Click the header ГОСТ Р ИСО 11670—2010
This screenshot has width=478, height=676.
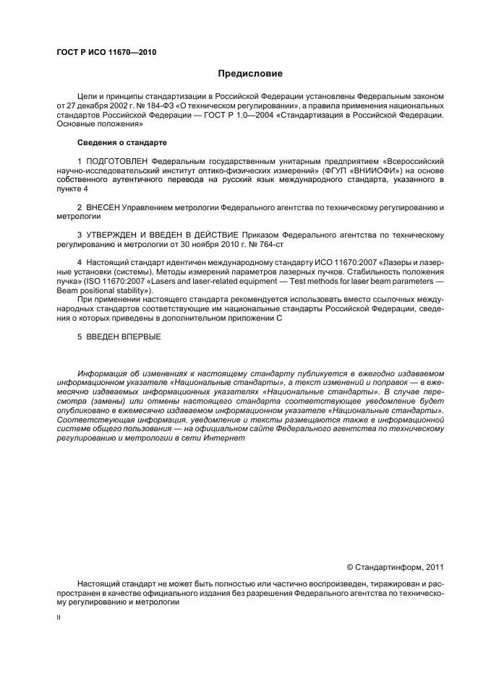pyautogui.click(x=106, y=53)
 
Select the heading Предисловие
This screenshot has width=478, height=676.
pyautogui.click(x=250, y=74)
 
